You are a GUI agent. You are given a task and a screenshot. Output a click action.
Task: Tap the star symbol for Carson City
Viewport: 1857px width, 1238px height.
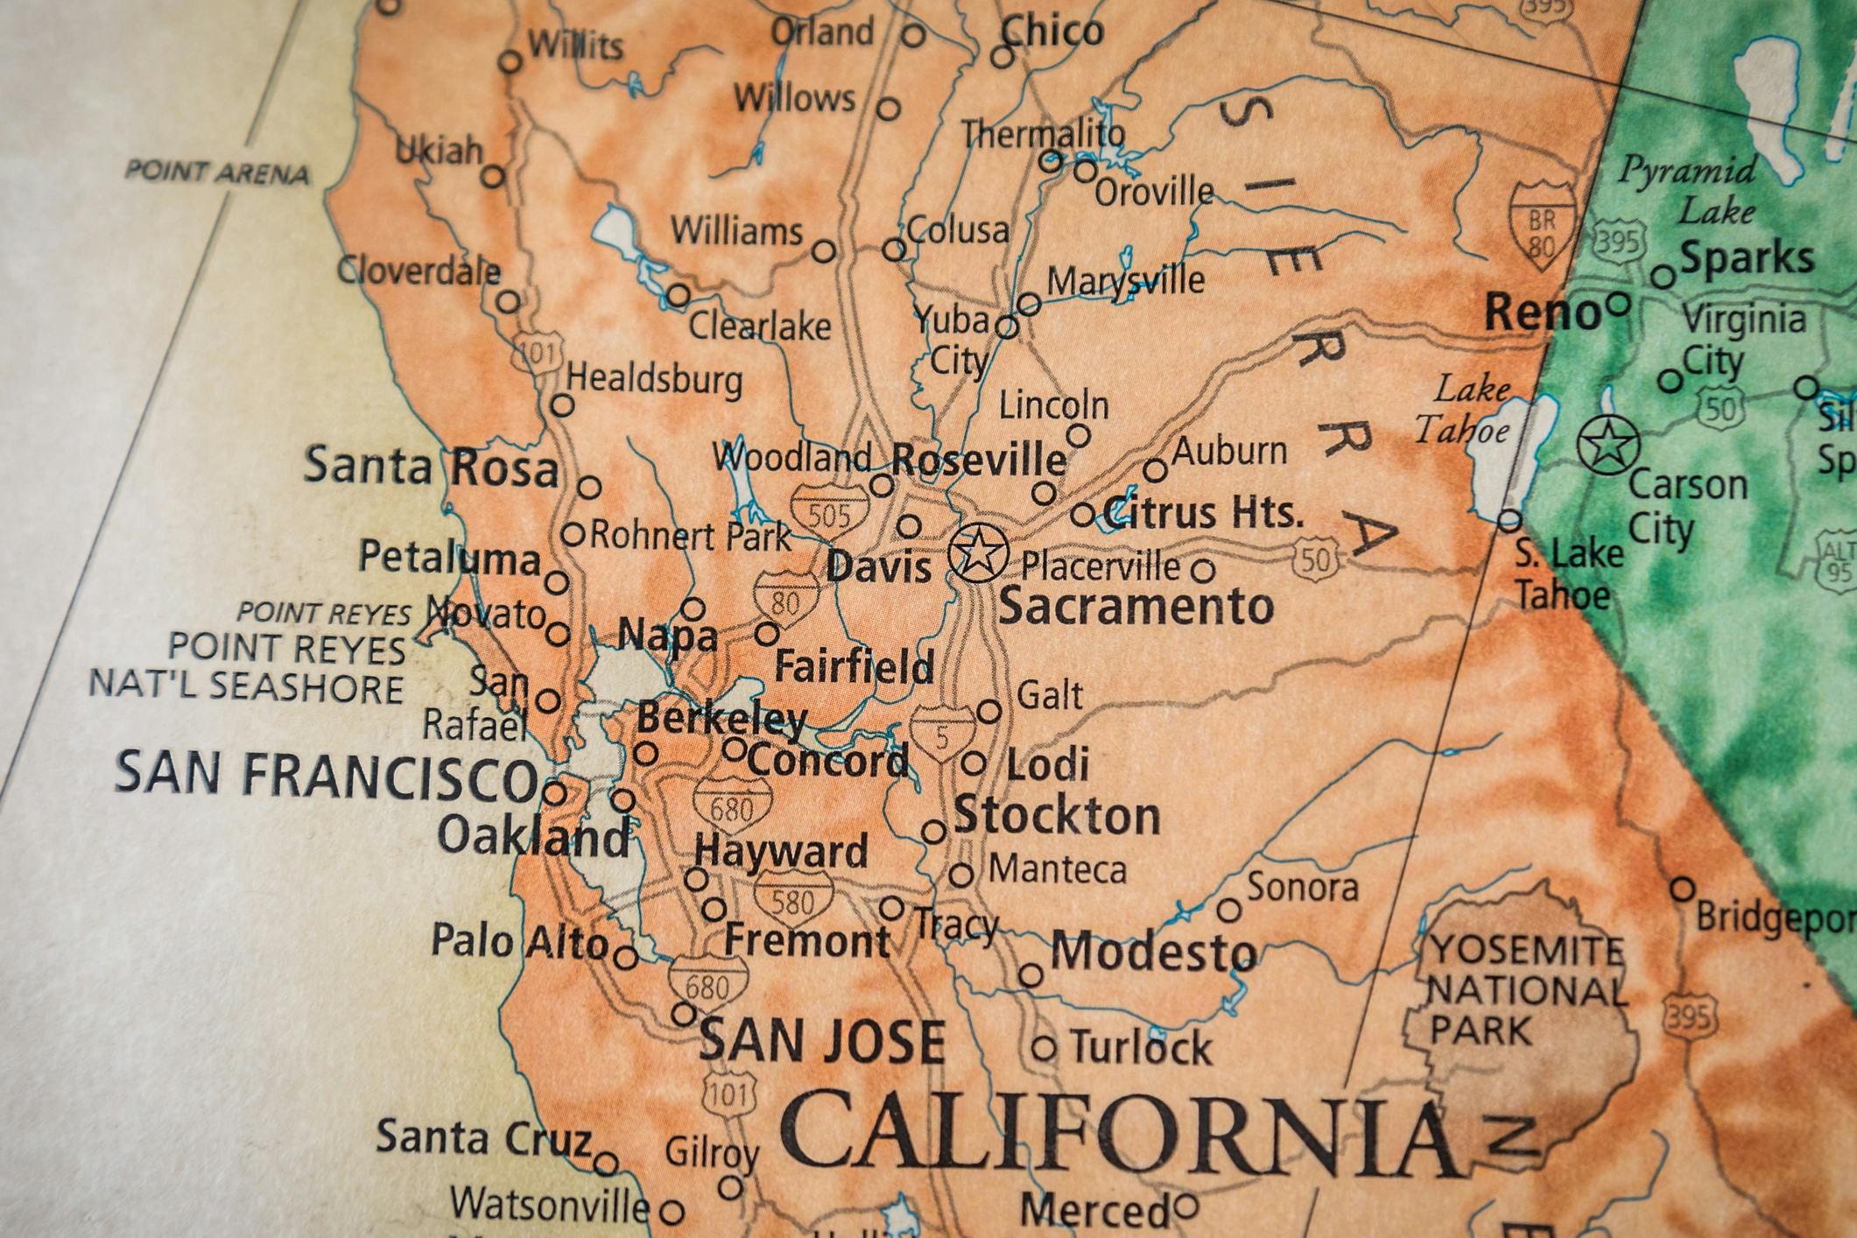pos(1607,446)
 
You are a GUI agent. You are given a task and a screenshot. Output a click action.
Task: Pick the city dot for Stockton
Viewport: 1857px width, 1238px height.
pos(934,831)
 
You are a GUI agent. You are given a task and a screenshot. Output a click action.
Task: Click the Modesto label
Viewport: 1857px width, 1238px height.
pos(1152,951)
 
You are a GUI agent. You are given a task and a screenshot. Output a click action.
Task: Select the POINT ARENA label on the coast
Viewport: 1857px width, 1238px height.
pos(217,172)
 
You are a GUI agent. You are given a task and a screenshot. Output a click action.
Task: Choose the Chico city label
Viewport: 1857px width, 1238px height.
pos(1052,32)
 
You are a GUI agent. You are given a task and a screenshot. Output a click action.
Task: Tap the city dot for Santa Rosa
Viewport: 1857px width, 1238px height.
pos(589,487)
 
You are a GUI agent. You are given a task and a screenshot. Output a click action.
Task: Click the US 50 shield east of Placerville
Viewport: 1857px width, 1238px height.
pos(1315,558)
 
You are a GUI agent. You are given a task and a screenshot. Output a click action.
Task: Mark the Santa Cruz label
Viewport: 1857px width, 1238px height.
pos(483,1137)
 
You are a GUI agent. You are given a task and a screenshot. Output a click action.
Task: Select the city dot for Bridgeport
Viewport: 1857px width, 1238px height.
pos(1682,890)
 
